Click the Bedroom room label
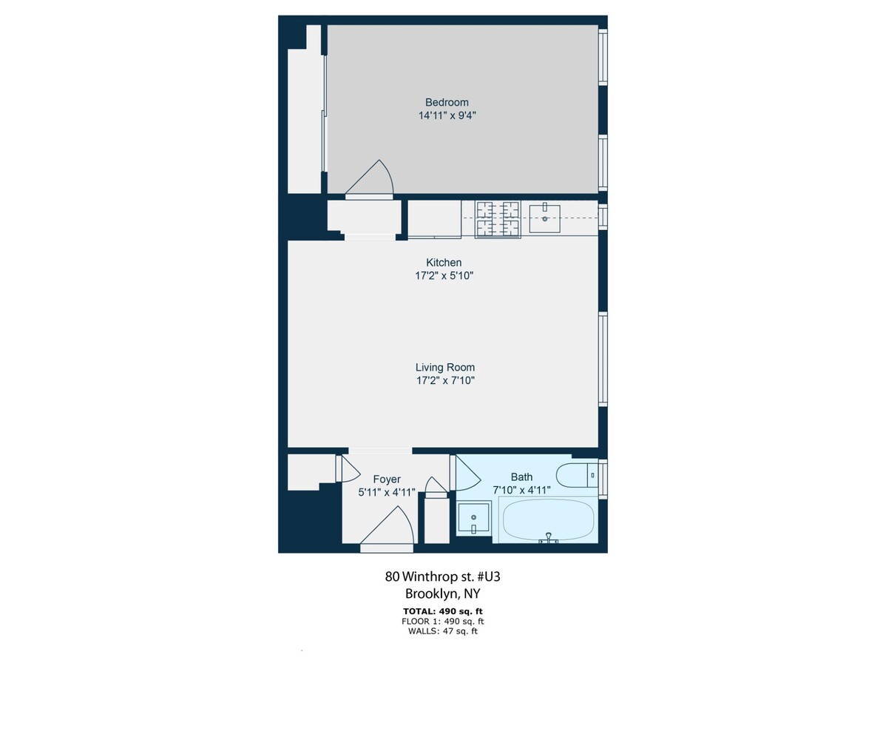[x=447, y=102]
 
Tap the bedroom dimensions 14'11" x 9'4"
[x=447, y=115]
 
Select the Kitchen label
[x=444, y=263]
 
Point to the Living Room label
[x=444, y=367]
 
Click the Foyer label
[x=387, y=479]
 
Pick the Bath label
[x=521, y=477]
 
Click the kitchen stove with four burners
[x=498, y=219]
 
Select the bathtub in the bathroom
[x=548, y=520]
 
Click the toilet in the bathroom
[x=575, y=475]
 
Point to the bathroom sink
[x=473, y=517]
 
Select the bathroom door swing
[x=466, y=474]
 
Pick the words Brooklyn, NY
[x=442, y=593]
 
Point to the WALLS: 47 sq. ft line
[x=442, y=631]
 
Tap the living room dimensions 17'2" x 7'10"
[x=444, y=380]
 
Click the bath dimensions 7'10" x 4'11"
[x=521, y=490]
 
